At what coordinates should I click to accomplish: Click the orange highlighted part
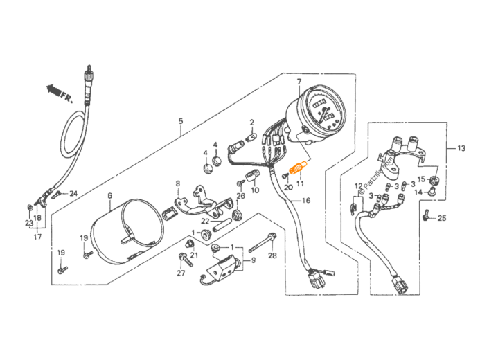point(297,168)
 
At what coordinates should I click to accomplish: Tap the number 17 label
point(37,236)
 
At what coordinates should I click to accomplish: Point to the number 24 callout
point(72,194)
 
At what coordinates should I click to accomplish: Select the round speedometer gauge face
point(321,110)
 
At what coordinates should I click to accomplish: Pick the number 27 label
point(181,274)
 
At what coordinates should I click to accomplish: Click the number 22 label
point(205,222)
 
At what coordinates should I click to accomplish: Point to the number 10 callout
point(255,190)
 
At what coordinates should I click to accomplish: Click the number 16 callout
point(306,200)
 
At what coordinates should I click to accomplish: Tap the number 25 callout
point(442,218)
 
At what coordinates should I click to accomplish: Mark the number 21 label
point(195,255)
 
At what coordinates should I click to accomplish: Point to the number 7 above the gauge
point(299,82)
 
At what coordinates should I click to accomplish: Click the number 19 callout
point(61,251)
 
